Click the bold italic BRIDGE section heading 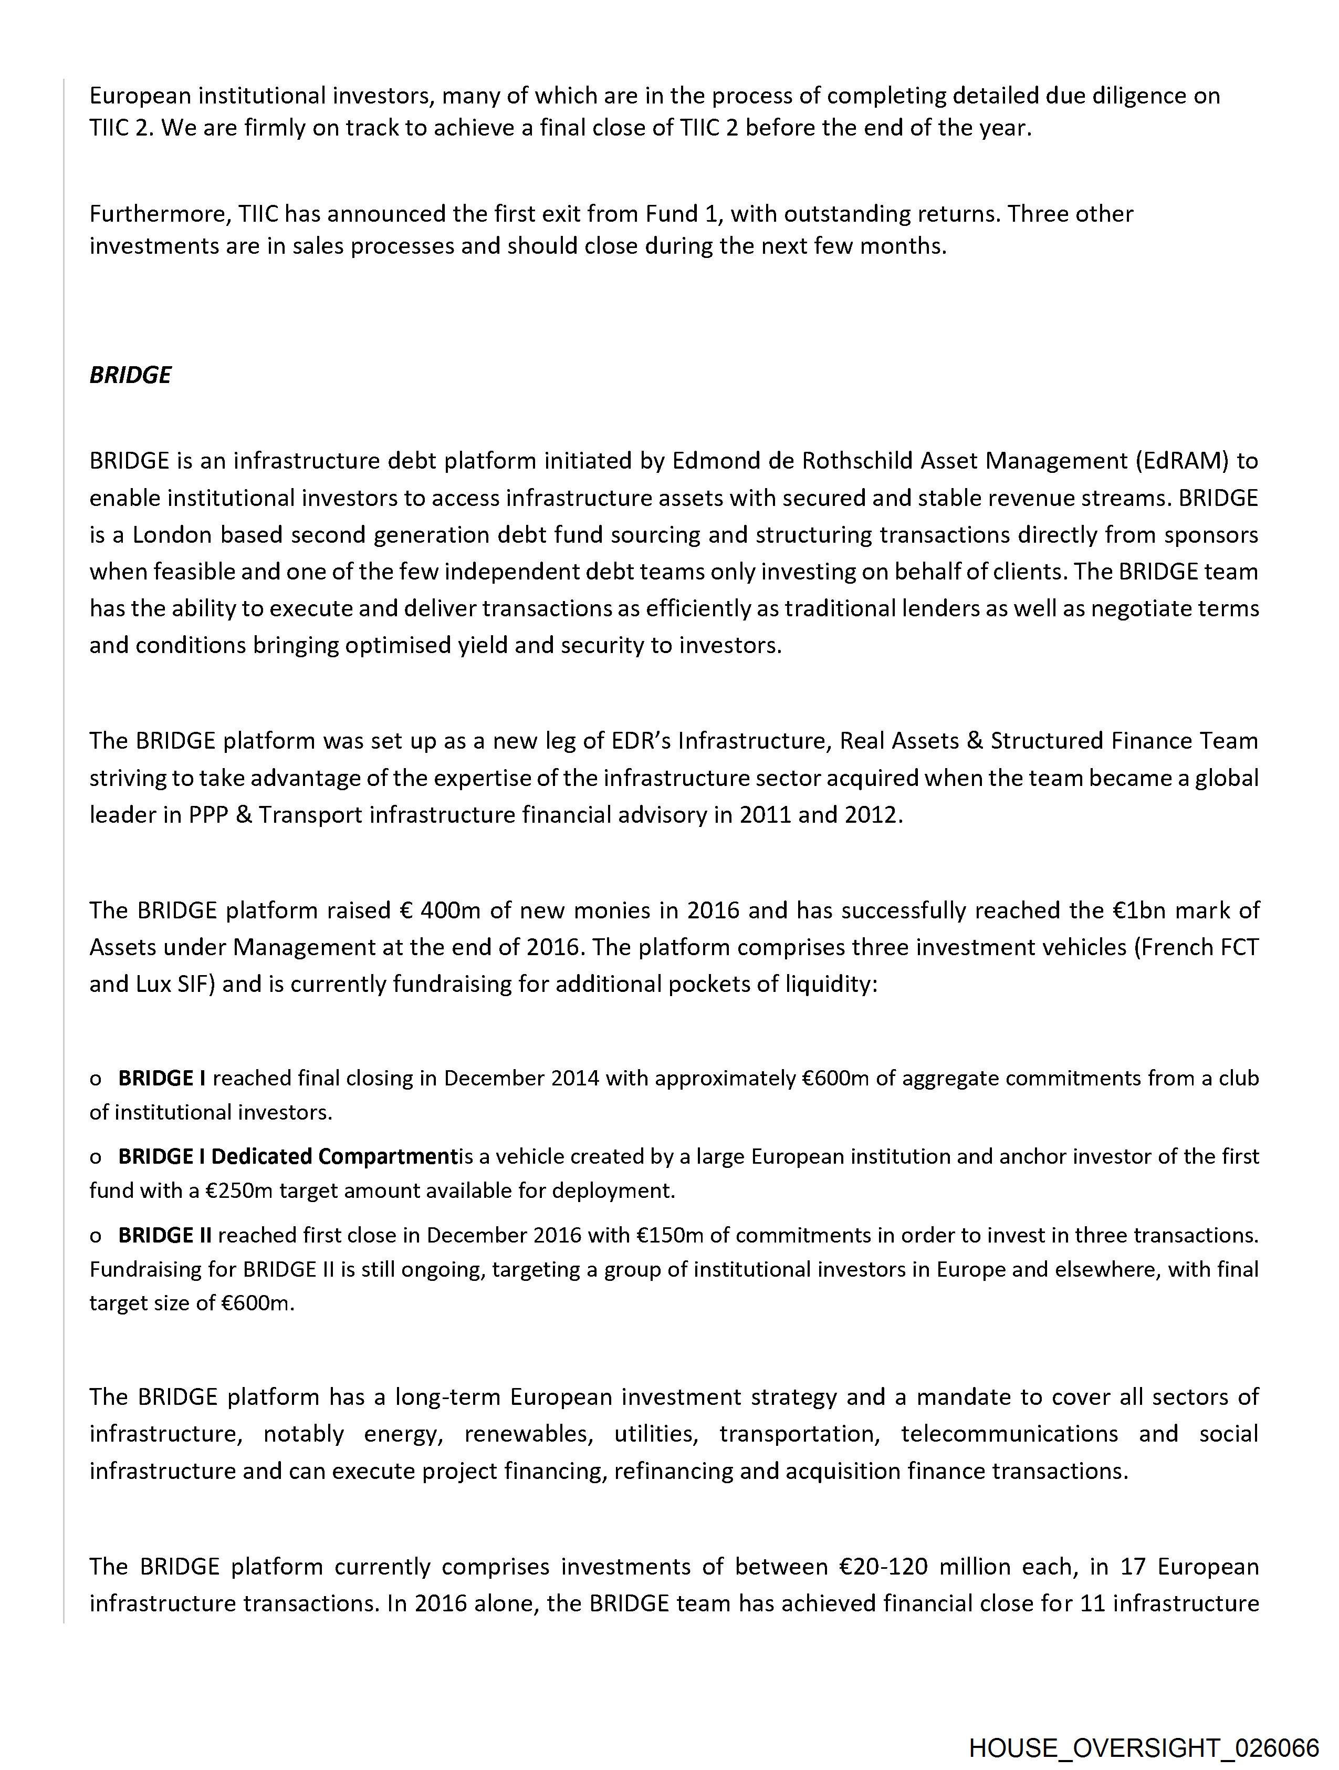(130, 375)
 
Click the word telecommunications (1009, 1433)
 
